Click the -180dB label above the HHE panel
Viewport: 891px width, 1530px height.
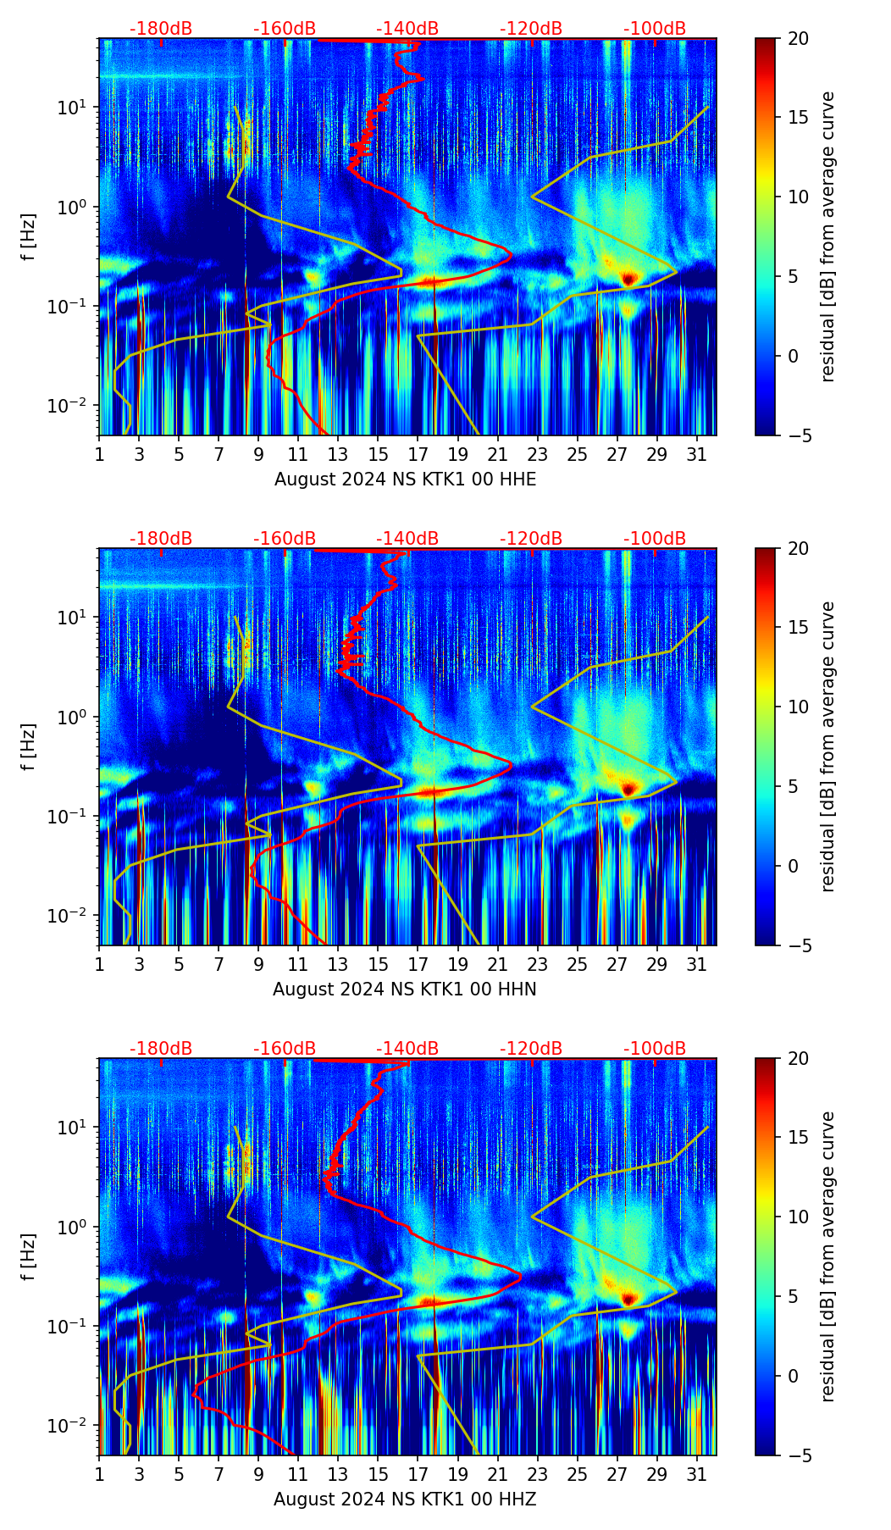click(161, 29)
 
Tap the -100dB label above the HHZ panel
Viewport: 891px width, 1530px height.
click(655, 1049)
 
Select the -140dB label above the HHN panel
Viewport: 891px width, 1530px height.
click(407, 539)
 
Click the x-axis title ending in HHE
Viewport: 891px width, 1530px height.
click(405, 480)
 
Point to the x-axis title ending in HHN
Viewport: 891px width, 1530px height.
click(404, 990)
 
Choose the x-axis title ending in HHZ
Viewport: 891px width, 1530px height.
click(404, 1500)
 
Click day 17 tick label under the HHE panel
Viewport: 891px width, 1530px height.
click(418, 455)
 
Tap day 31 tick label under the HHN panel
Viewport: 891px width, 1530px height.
click(697, 965)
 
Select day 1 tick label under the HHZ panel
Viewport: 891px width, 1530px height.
click(99, 1475)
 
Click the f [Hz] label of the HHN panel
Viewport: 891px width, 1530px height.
click(29, 746)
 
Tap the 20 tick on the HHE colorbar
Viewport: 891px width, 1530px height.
click(797, 39)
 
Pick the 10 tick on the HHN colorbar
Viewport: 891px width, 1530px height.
click(797, 707)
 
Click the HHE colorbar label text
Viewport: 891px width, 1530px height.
click(827, 236)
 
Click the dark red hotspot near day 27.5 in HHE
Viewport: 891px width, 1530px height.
click(628, 278)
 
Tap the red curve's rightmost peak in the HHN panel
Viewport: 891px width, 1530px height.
click(512, 763)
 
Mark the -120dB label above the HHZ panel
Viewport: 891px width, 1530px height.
click(531, 1049)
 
